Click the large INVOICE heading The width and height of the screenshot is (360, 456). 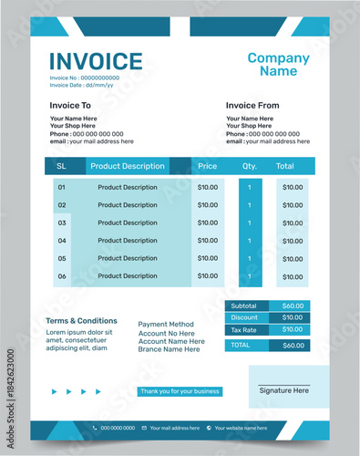96,61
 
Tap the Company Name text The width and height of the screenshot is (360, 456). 278,65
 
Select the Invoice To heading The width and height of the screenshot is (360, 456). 70,106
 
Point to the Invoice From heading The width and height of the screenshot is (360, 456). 252,106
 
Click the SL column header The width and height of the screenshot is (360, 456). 62,166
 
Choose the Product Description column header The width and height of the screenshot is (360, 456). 128,166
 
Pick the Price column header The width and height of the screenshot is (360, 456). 208,166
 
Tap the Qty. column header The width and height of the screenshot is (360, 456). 250,166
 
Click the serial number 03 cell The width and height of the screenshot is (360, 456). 62,223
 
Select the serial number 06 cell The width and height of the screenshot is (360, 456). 62,275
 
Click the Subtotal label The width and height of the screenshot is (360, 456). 244,306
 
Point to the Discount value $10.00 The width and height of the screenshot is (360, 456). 293,317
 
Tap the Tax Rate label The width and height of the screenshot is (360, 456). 244,329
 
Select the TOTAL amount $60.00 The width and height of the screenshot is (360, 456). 293,346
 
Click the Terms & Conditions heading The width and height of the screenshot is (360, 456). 81,321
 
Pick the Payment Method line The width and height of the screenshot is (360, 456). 166,324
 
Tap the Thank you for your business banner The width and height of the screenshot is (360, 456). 180,391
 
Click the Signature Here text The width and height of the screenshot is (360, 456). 283,390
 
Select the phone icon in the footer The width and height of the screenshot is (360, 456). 95,428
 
